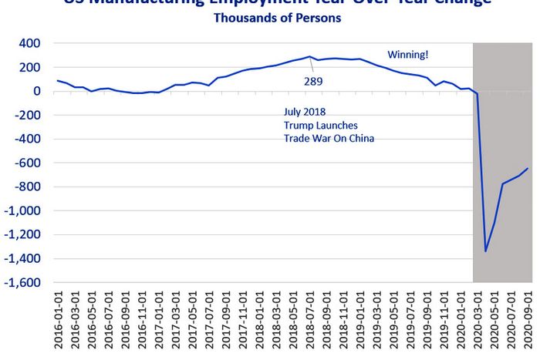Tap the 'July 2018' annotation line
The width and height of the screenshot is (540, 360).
[306, 113]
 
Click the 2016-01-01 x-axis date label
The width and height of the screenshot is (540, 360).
[59, 320]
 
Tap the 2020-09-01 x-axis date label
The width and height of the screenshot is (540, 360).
[528, 320]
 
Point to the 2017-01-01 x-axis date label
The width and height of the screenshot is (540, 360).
[159, 320]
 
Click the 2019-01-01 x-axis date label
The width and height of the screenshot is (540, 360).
[360, 320]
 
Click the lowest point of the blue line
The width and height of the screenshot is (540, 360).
[486, 251]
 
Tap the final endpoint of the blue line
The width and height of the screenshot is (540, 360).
[528, 168]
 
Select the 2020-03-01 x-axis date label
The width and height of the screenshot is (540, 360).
[478, 320]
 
